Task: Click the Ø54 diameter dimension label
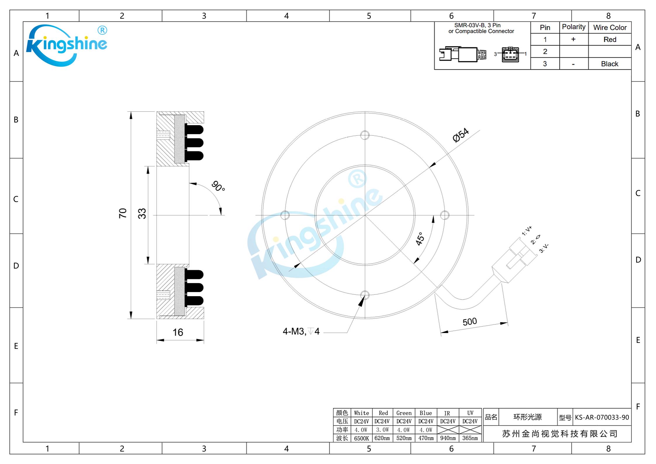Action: point(461,135)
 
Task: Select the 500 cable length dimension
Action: point(470,322)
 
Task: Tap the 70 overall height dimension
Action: point(123,213)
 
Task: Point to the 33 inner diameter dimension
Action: point(142,213)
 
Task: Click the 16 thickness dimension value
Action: point(178,332)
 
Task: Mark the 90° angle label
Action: point(218,186)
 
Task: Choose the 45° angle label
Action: point(420,239)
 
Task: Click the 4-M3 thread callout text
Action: point(301,331)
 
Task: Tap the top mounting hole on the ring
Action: point(365,135)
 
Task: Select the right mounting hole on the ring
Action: point(445,215)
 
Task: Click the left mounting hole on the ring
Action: point(285,215)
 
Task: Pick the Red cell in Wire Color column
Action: point(610,39)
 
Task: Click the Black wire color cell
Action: point(610,64)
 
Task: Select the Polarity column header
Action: point(574,27)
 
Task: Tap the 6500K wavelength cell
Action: point(361,438)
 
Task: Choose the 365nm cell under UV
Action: point(470,438)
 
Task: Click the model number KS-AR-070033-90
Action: point(602,417)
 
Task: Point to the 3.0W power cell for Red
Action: point(382,430)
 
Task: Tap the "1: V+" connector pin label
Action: point(527,231)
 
